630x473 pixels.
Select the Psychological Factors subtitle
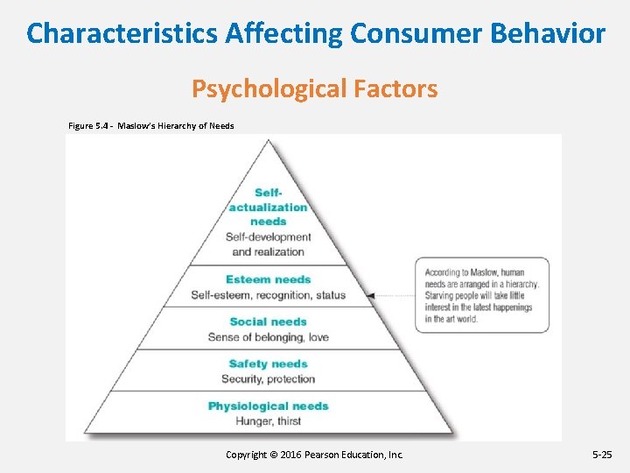pos(314,88)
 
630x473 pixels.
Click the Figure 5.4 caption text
pos(150,126)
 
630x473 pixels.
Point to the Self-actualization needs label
pos(268,207)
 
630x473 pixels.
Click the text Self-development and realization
pos(268,244)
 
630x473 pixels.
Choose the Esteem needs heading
pos(268,279)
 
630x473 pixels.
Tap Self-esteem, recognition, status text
pos(268,295)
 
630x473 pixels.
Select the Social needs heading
pos(268,321)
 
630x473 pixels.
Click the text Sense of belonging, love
pos(268,337)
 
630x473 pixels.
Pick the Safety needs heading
pos(268,364)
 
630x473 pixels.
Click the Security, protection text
pos(268,379)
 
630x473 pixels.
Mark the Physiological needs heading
pos(268,406)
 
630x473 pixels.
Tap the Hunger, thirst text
pos(268,421)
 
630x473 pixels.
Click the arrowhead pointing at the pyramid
pos(371,296)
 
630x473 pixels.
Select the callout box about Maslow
pos(481,295)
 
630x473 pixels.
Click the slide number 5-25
pos(604,455)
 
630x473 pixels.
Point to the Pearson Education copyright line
pos(314,455)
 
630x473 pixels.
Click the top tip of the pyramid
pos(268,141)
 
